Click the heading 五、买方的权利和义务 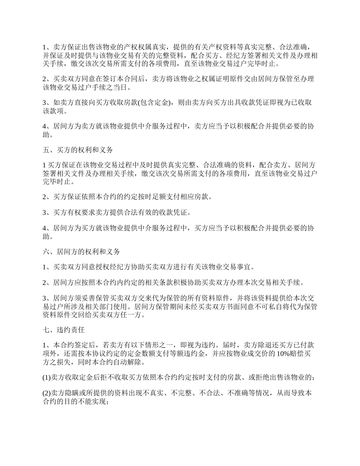coord(78,150)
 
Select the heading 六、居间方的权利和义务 coord(81,251)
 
